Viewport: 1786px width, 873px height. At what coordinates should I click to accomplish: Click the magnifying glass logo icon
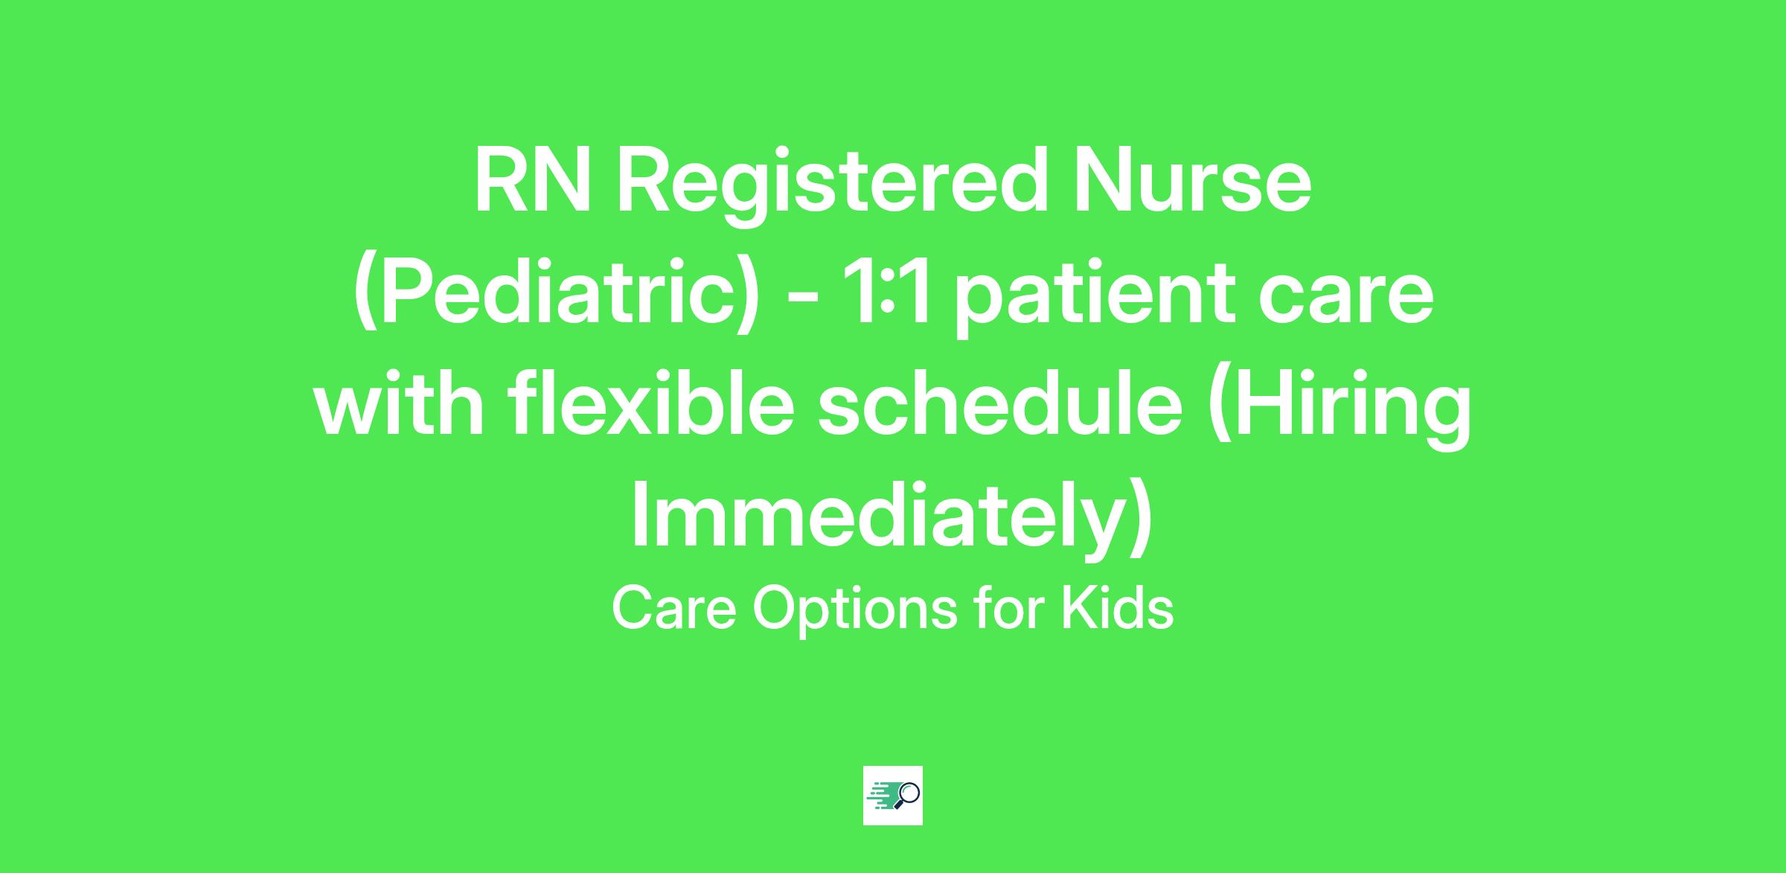pos(893,795)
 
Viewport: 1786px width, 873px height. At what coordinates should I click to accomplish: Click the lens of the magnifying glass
pos(909,792)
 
